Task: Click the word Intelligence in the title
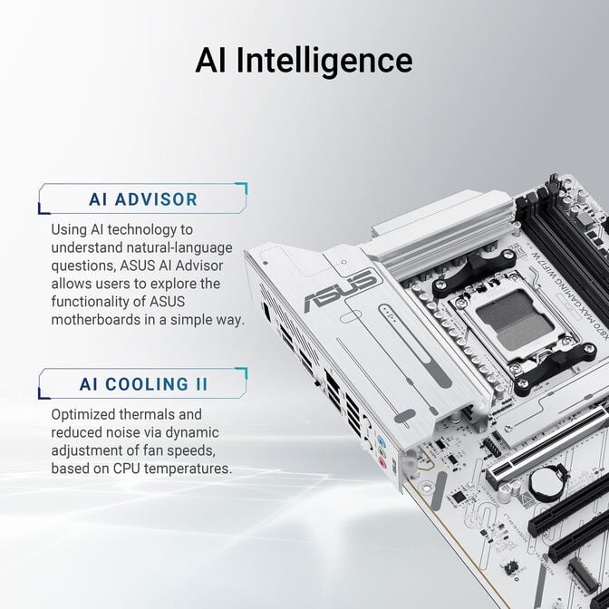324,61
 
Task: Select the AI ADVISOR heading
143,199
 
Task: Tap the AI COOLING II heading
143,383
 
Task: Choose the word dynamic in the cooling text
190,432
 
